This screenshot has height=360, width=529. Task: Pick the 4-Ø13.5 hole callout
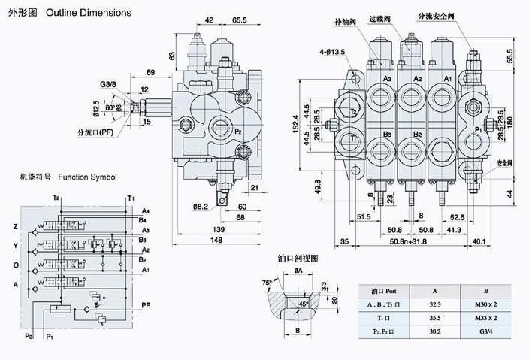[x=332, y=52]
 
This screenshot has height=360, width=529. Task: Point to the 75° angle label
[x=266, y=284]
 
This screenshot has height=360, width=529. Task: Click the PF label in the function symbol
[x=147, y=304]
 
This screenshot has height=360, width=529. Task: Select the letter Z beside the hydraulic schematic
[x=14, y=226]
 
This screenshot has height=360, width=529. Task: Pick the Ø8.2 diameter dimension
[x=200, y=206]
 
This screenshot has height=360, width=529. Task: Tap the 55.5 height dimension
[x=510, y=55]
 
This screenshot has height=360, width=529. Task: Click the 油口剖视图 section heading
[x=298, y=258]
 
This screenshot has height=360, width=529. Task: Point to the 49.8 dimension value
[x=317, y=185]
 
